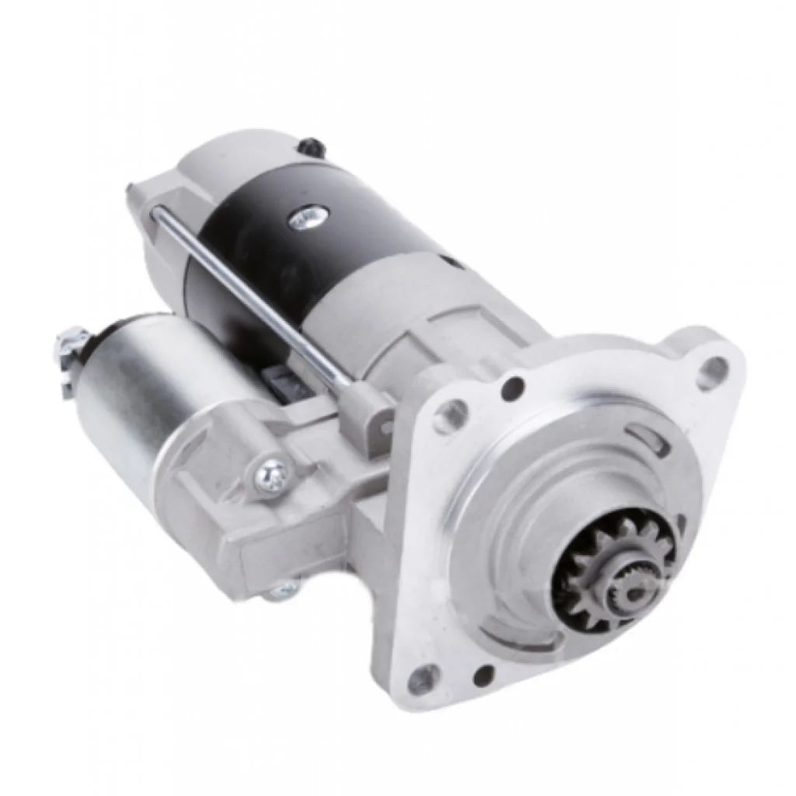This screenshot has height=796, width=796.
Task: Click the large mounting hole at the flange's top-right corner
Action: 713,371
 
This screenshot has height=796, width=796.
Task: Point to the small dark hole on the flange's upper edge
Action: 512,387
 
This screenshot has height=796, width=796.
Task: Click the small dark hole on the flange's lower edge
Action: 484,675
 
